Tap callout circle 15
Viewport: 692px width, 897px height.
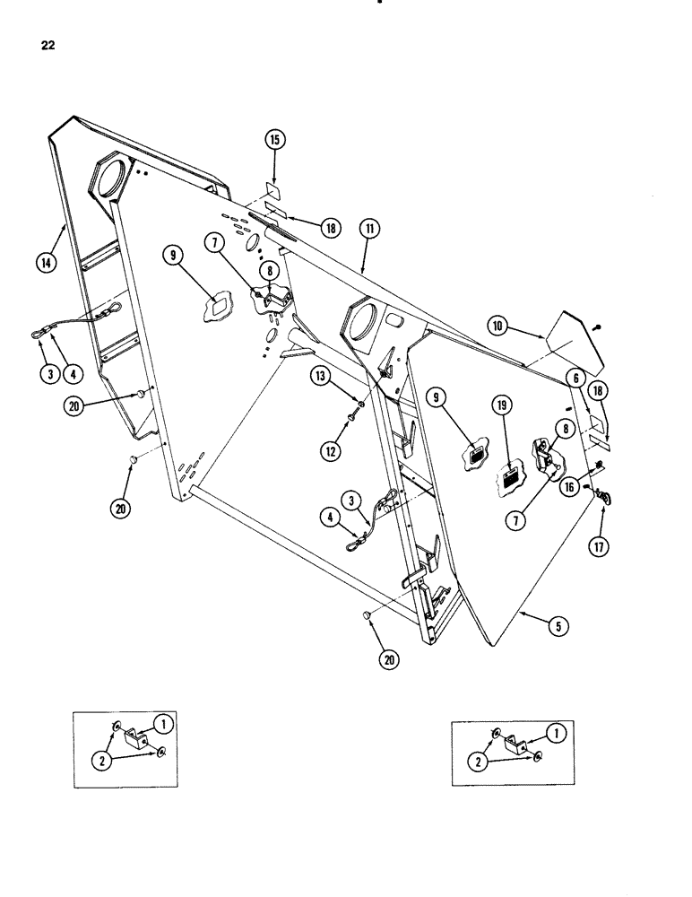pyautogui.click(x=274, y=139)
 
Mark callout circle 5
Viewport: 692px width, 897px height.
pyautogui.click(x=558, y=628)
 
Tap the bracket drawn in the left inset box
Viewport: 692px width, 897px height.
pyautogui.click(x=136, y=742)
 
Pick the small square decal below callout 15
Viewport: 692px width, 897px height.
pyautogui.click(x=273, y=193)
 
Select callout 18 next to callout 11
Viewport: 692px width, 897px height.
pyautogui.click(x=328, y=229)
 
